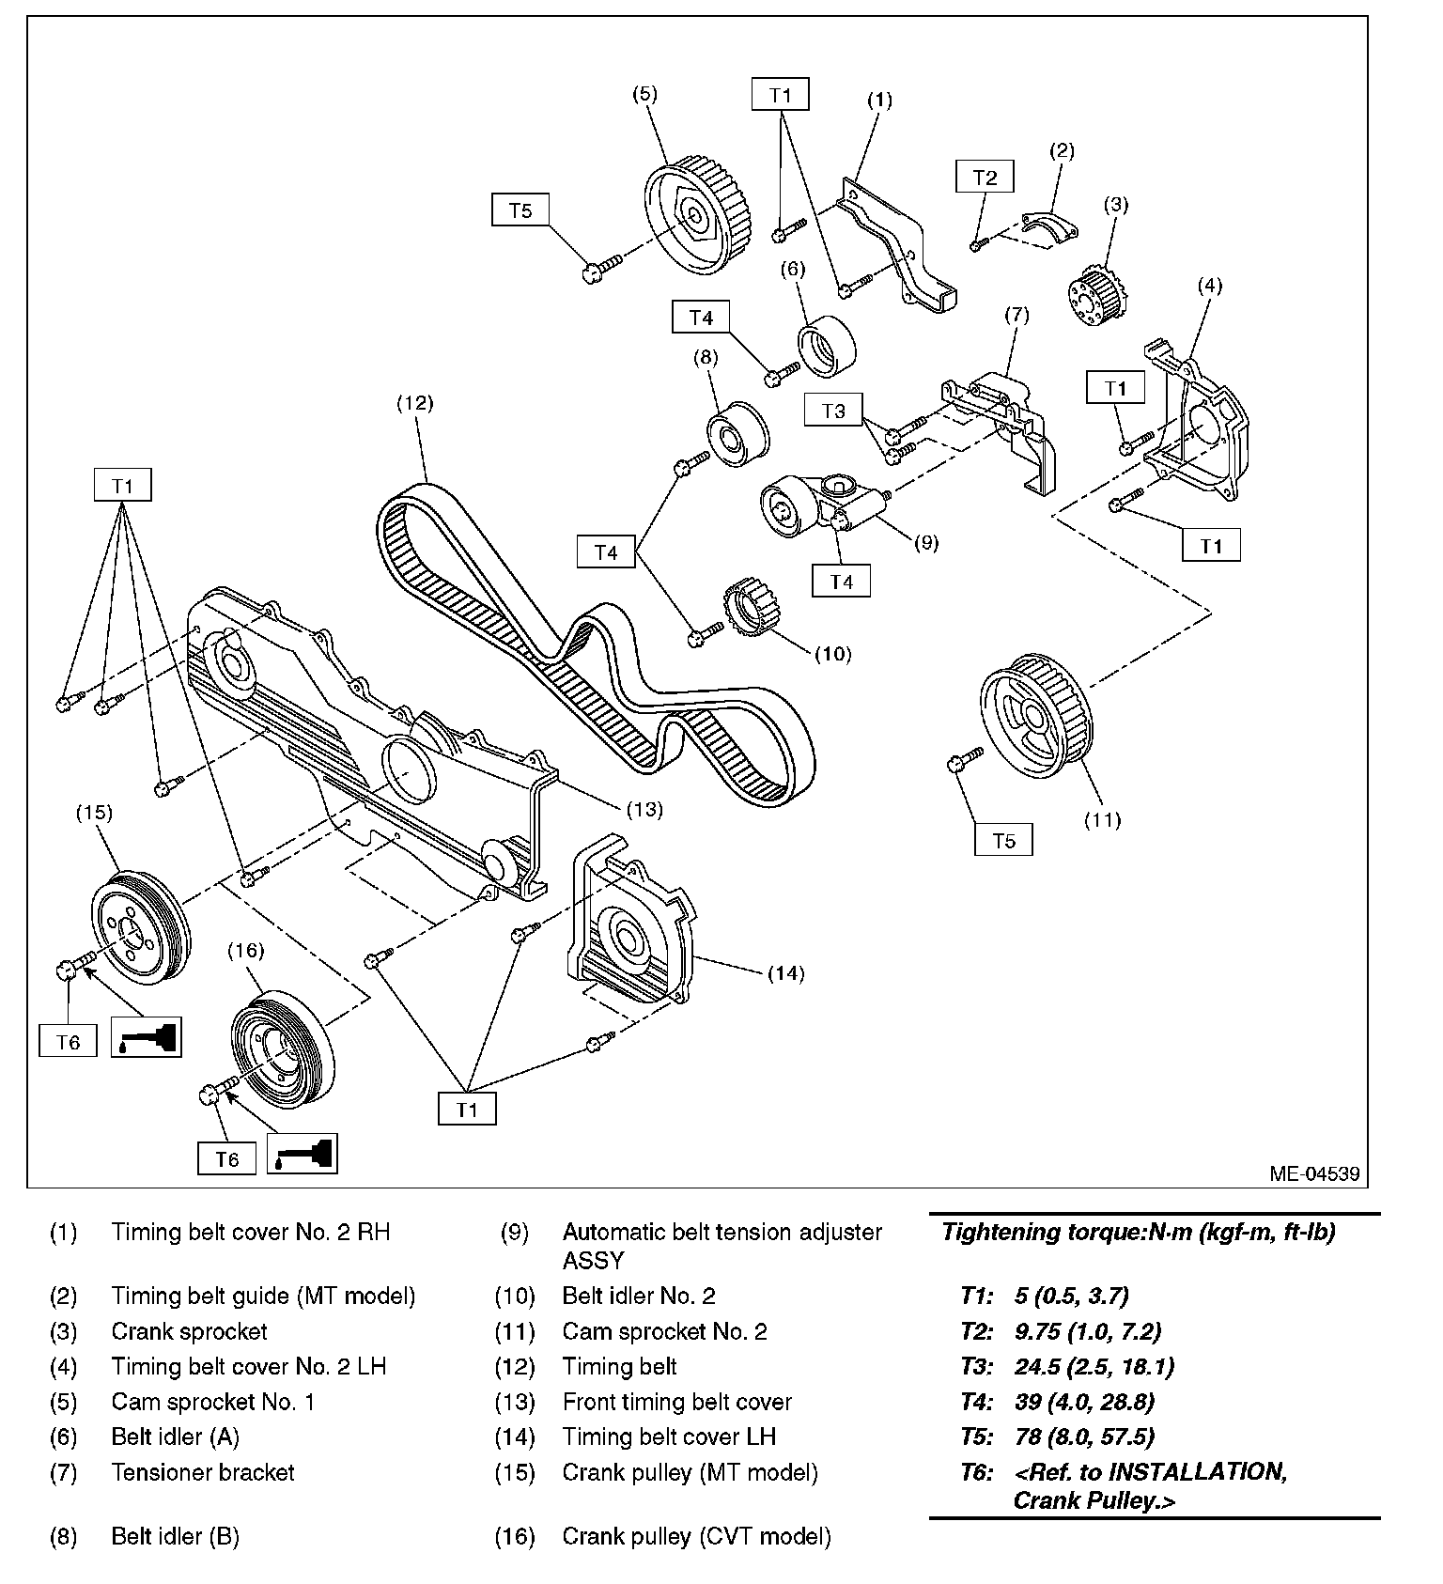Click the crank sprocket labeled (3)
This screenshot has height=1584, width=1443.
1096,299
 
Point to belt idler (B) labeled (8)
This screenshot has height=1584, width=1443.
738,433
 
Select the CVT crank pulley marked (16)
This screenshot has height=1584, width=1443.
278,1047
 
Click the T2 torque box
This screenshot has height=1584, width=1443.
985,177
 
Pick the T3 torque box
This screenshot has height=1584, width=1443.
833,411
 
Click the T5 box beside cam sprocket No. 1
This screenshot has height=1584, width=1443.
520,210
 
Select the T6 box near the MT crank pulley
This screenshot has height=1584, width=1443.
68,1041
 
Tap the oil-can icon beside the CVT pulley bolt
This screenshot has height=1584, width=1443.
302,1153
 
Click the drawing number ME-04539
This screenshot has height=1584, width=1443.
1313,1173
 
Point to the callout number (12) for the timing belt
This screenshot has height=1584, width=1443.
414,403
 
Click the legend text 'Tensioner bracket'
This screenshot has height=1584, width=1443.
203,1472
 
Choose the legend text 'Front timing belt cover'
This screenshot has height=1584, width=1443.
676,1402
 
